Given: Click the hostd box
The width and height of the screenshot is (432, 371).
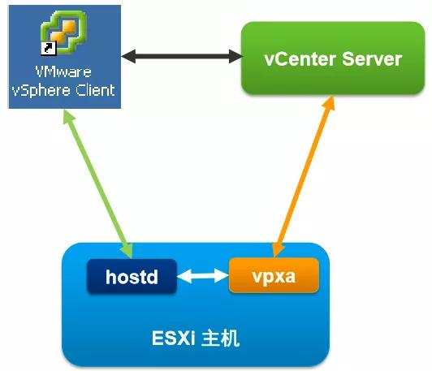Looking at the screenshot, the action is [132, 276].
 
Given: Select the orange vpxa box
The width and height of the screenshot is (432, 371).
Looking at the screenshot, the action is [274, 275].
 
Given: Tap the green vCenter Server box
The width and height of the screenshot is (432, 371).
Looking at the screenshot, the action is [333, 58].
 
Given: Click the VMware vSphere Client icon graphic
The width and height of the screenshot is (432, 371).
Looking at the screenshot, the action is [63, 32].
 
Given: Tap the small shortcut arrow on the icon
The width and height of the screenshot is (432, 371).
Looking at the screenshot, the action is [48, 48].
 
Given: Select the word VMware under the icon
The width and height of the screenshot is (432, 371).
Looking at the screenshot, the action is [63, 71].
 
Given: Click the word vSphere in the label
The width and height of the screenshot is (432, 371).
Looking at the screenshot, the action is [41, 90].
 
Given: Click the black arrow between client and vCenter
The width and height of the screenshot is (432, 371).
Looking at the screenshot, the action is [182, 56].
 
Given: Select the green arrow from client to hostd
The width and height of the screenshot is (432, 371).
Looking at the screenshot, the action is [97, 184].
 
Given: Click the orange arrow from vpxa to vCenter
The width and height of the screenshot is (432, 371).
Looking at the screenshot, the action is [304, 177].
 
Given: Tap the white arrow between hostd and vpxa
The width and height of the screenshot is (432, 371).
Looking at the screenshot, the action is [203, 276].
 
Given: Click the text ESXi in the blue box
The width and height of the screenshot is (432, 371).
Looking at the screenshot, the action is [173, 338].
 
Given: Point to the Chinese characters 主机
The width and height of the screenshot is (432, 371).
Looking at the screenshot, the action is [220, 338].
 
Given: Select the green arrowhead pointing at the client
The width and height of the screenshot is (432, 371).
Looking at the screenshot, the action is [69, 118].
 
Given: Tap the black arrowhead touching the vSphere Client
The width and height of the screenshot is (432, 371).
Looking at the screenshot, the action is [128, 56].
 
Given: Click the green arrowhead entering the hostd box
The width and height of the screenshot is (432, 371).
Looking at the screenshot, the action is [127, 250].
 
